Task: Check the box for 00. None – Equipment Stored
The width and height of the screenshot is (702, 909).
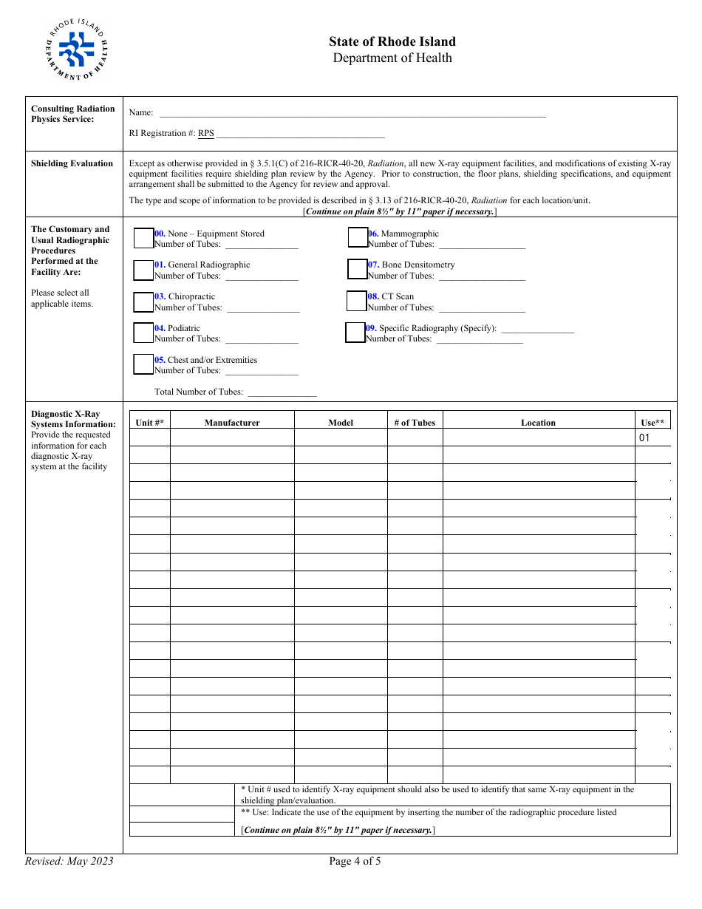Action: [x=143, y=238]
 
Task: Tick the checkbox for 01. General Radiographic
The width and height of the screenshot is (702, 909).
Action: [x=143, y=270]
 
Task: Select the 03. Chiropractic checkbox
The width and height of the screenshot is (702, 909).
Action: [x=143, y=302]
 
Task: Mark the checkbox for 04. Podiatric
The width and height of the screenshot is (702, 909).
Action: [x=143, y=333]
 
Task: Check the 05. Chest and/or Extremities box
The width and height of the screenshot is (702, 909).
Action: [x=143, y=364]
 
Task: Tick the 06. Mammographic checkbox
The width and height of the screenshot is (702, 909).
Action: [x=358, y=237]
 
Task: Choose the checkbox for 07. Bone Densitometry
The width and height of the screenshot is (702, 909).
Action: [x=358, y=269]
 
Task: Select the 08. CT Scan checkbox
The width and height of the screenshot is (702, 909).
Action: [x=357, y=301]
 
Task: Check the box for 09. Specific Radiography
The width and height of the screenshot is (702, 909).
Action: [x=355, y=333]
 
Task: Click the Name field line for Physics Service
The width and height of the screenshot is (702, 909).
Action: [x=352, y=113]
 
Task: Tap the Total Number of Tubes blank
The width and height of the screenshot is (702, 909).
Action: [x=282, y=392]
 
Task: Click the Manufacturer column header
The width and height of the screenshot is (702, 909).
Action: [x=232, y=423]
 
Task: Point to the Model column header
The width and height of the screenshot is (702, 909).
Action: [x=341, y=423]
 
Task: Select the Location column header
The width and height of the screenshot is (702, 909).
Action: [x=538, y=423]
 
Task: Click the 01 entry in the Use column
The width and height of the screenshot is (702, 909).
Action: [x=645, y=438]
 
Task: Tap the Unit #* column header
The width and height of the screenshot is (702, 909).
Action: [x=150, y=423]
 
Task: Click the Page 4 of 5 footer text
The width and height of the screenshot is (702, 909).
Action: [x=355, y=861]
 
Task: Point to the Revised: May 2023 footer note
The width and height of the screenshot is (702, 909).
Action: [x=69, y=861]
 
